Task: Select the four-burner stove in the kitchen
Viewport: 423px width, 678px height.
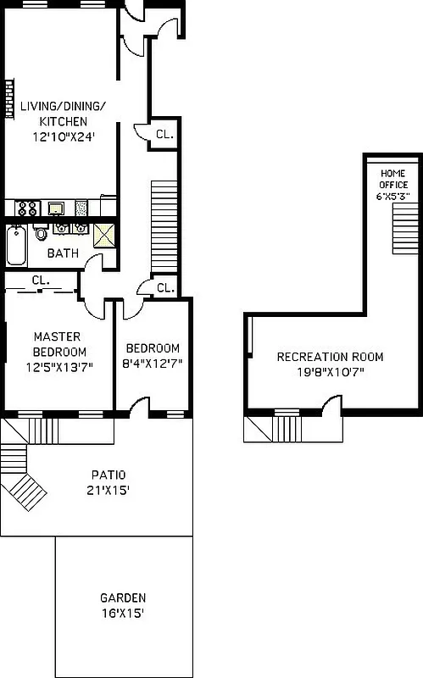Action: (26, 208)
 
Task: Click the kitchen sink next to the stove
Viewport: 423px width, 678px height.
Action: (56, 208)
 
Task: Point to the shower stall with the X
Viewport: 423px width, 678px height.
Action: (104, 235)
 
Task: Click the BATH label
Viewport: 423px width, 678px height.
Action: (62, 253)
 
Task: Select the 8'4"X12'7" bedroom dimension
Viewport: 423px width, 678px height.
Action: (153, 364)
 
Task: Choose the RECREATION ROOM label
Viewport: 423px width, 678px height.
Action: (318, 357)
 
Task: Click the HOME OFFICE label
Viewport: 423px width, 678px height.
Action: (393, 179)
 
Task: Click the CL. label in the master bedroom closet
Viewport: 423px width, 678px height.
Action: (40, 280)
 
